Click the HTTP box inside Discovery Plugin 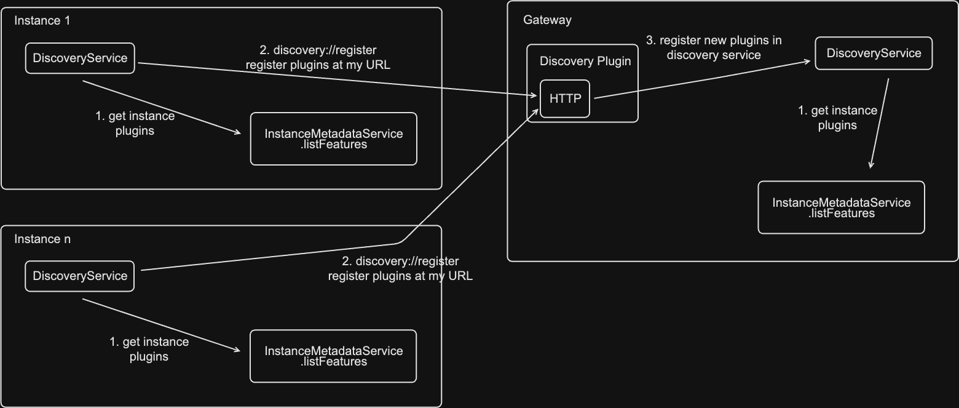pyautogui.click(x=565, y=98)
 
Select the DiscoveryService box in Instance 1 pyautogui.click(x=80, y=58)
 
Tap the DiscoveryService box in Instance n pyautogui.click(x=80, y=276)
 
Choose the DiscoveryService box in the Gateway pyautogui.click(x=874, y=54)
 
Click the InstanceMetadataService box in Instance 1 pyautogui.click(x=334, y=138)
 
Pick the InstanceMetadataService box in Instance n pyautogui.click(x=333, y=356)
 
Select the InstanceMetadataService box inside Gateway pyautogui.click(x=841, y=207)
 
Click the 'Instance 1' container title pyautogui.click(x=42, y=20)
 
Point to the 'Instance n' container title pyautogui.click(x=42, y=239)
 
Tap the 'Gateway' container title pyautogui.click(x=547, y=20)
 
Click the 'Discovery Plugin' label pyautogui.click(x=585, y=62)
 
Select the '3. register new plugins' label pyautogui.click(x=714, y=47)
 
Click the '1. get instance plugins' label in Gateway pyautogui.click(x=837, y=118)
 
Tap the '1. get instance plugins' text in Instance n pyautogui.click(x=149, y=349)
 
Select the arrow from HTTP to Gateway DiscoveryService pyautogui.click(x=701, y=79)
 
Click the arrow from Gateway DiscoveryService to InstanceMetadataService pyautogui.click(x=879, y=123)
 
